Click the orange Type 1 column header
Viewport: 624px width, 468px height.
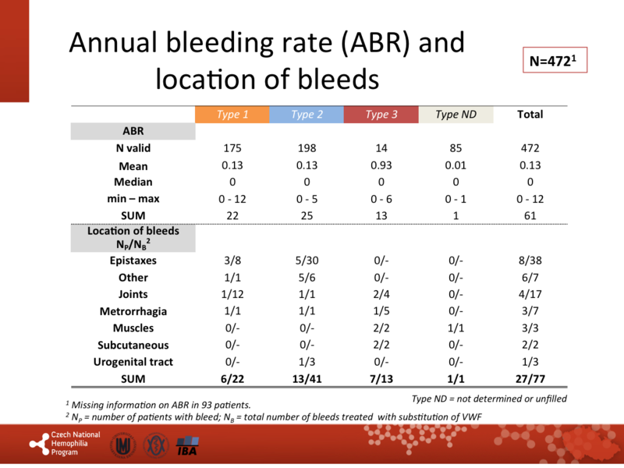[232, 115]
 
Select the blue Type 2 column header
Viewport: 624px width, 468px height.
[307, 115]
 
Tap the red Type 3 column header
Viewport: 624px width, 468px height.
[381, 115]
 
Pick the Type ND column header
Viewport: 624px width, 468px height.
[456, 115]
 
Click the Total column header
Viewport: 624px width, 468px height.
[530, 115]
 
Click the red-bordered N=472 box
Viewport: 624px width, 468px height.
[554, 60]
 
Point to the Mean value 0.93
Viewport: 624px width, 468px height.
[381, 165]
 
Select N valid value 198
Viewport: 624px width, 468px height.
[307, 148]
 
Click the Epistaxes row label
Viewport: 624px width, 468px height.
[133, 261]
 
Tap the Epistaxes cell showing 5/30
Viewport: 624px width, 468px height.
[307, 261]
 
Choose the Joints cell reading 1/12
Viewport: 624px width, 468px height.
[232, 294]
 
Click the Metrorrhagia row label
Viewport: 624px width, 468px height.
[133, 311]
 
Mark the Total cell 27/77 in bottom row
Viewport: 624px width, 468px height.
[530, 379]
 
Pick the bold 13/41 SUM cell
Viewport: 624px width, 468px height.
[307, 379]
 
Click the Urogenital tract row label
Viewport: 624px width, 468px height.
[133, 362]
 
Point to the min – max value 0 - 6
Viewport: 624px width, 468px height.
[381, 199]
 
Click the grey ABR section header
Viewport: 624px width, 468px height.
[133, 131]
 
